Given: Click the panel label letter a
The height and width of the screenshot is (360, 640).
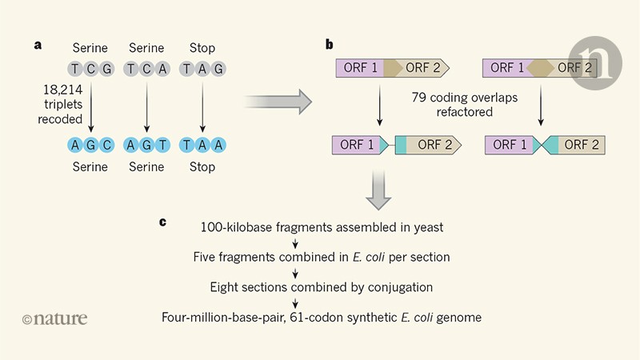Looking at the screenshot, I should pos(38,44).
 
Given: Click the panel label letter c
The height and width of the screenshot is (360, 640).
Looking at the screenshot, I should pos(162,221).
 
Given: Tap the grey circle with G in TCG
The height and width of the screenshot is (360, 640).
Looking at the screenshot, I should pos(107,68).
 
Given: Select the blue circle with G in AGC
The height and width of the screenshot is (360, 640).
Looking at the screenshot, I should pos(91,146).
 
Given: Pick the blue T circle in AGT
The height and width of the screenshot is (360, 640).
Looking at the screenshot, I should pos(162,146).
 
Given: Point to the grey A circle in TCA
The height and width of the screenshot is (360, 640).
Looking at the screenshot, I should pos(162,68).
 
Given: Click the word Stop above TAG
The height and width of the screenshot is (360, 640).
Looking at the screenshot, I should pos(202,48).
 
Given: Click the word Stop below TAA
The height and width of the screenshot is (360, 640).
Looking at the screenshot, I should pos(202,166).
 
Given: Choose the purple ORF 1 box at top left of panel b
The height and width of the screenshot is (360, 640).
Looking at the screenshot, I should pos(358,68).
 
